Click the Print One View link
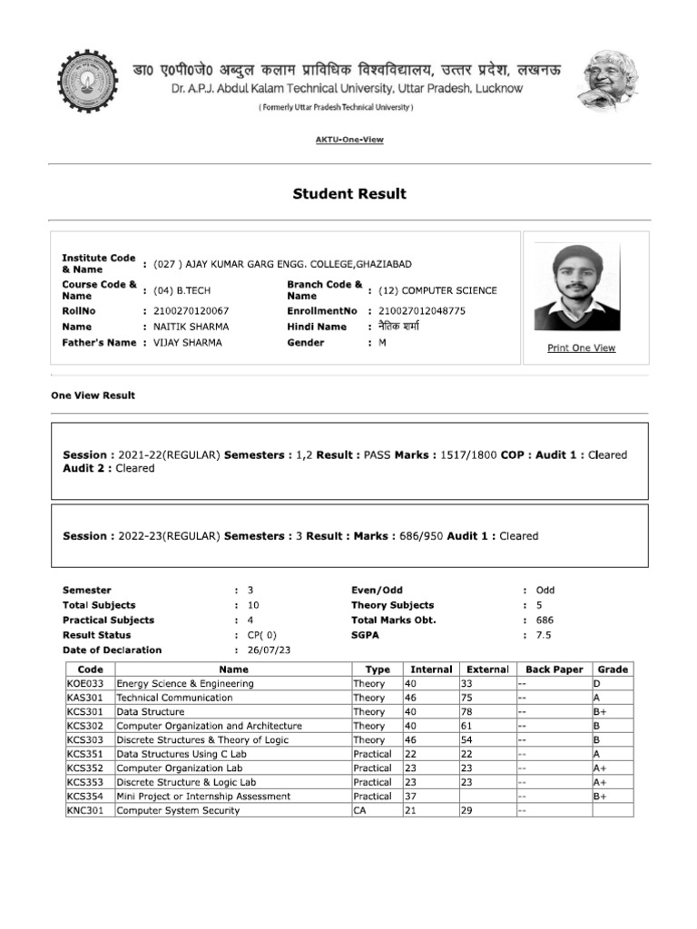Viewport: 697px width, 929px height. click(581, 347)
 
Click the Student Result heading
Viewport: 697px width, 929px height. click(348, 193)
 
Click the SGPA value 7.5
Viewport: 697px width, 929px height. click(544, 635)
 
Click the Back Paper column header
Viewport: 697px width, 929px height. click(554, 670)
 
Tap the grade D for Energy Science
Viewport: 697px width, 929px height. click(596, 683)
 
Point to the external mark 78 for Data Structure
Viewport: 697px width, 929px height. click(467, 712)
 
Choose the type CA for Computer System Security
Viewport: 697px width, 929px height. click(359, 810)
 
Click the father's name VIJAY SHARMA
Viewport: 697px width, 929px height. click(187, 342)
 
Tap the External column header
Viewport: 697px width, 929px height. click(487, 670)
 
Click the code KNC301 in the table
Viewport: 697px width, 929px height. click(85, 810)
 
